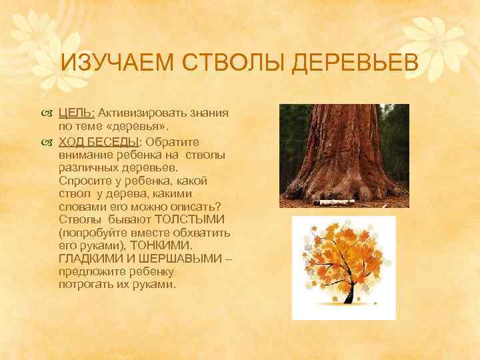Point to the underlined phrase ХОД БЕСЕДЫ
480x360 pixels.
(99, 141)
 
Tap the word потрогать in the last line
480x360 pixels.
(85, 284)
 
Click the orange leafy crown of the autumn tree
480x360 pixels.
(343, 257)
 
